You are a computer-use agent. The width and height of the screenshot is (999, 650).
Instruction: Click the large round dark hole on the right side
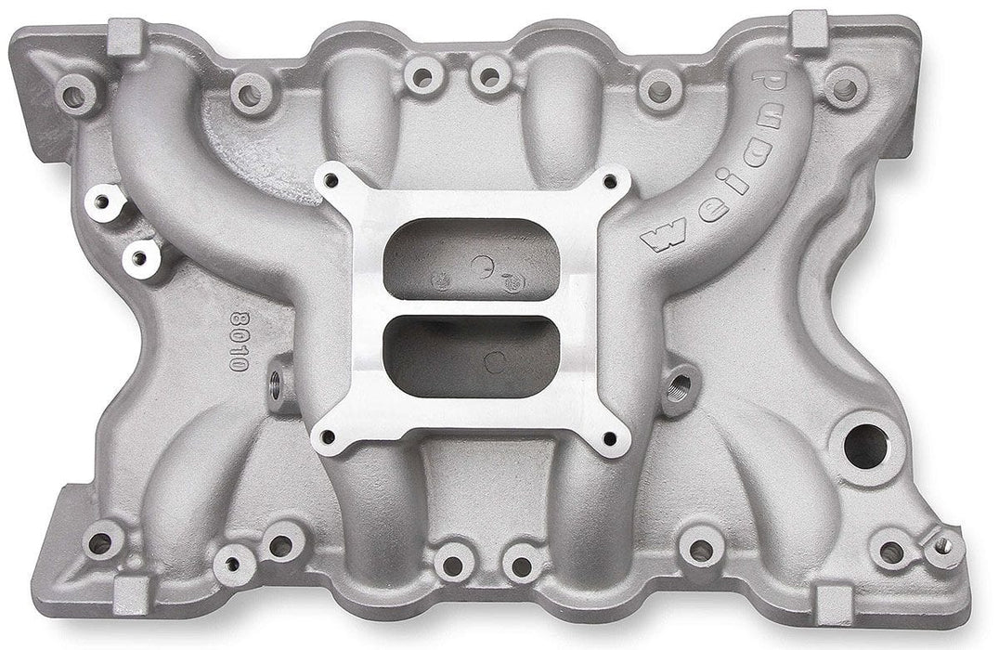865,447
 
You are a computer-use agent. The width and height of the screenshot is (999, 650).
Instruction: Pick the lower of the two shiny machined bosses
139,258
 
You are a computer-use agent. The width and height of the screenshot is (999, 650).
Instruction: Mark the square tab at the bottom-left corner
131,595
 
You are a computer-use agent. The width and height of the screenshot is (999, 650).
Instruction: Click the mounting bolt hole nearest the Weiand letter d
845,88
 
